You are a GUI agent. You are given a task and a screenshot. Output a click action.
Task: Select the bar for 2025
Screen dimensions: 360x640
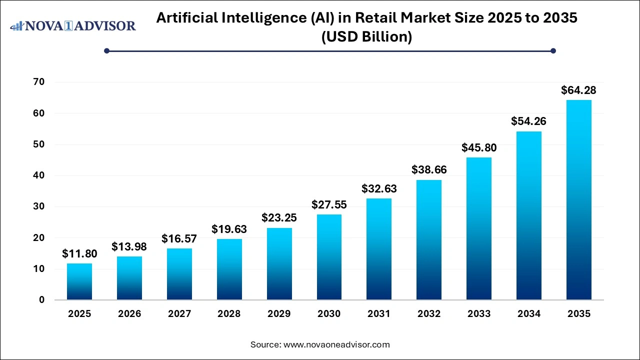coord(79,281)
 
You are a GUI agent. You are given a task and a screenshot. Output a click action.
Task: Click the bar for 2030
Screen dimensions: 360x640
coord(329,257)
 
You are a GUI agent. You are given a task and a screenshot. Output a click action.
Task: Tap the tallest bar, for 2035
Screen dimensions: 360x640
coord(579,200)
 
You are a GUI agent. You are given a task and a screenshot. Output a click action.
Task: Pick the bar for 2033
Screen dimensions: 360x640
coord(479,228)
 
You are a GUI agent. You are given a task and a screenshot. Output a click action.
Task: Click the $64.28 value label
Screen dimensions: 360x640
coord(579,90)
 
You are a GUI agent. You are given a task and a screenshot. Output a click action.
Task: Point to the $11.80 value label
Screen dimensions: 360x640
coord(79,254)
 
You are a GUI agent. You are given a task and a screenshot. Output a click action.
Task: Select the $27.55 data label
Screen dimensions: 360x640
coord(329,205)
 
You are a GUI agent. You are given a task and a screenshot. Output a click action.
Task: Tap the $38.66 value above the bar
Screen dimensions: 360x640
coord(429,170)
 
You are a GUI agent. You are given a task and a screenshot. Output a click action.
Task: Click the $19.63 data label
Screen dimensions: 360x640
coord(229,229)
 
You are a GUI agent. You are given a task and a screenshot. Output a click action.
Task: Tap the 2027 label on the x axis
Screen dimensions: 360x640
coord(179,314)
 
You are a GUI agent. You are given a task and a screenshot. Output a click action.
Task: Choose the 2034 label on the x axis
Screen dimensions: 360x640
coord(529,314)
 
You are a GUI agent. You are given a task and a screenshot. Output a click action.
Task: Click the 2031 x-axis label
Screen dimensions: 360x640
coord(379,314)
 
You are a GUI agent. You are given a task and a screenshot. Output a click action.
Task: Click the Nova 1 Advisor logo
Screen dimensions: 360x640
coord(73,25)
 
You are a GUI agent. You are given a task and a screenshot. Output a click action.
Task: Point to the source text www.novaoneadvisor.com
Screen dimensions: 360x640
coord(336,344)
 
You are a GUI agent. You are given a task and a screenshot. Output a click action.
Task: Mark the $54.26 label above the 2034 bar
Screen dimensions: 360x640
coord(529,121)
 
